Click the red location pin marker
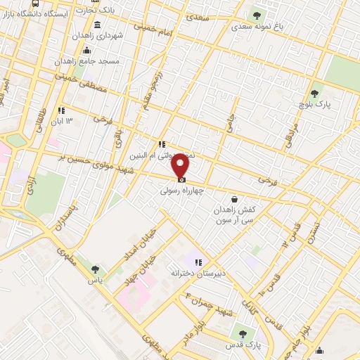pyautogui.click(x=181, y=166)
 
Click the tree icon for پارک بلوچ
pyautogui.click(x=314, y=93)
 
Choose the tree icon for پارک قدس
pyautogui.click(x=243, y=333)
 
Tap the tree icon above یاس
pyautogui.click(x=96, y=269)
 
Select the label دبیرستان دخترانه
pyautogui.click(x=195, y=272)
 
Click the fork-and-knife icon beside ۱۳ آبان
pyautogui.click(x=62, y=110)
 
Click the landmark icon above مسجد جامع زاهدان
pyautogui.click(x=86, y=50)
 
